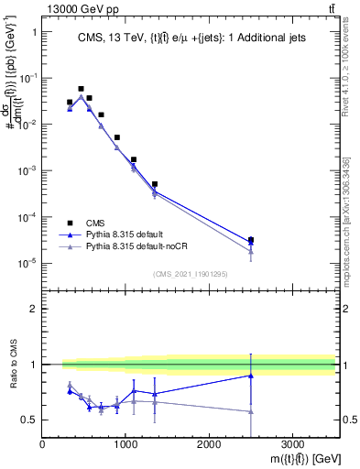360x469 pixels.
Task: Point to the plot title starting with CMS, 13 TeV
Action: click(x=190, y=38)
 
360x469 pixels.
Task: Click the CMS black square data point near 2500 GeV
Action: click(x=251, y=240)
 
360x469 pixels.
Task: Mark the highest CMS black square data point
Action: click(x=81, y=89)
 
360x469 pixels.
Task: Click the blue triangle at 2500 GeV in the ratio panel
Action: click(x=251, y=376)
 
